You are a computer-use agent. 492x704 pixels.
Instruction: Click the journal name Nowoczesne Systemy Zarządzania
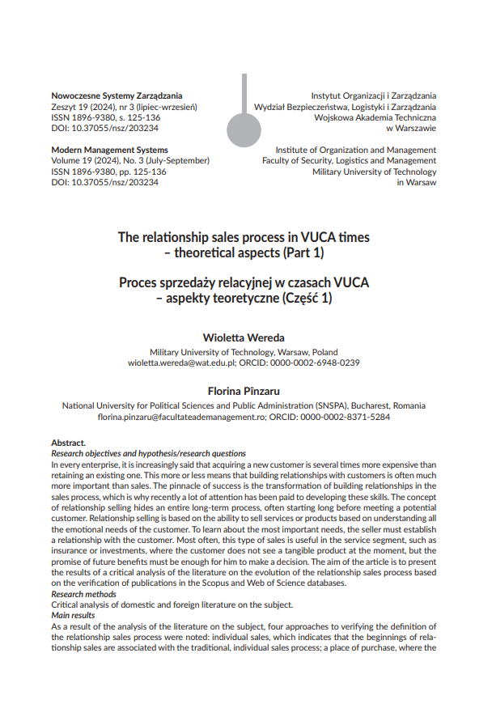[x=117, y=95]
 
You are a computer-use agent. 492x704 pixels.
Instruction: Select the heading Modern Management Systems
[x=109, y=150]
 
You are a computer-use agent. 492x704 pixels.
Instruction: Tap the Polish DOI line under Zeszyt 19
[x=104, y=128]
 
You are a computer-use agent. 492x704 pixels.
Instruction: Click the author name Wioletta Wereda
[x=244, y=337]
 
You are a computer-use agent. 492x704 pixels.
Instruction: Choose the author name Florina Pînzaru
[x=244, y=390]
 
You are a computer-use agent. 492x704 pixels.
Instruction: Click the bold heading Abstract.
[x=68, y=443]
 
